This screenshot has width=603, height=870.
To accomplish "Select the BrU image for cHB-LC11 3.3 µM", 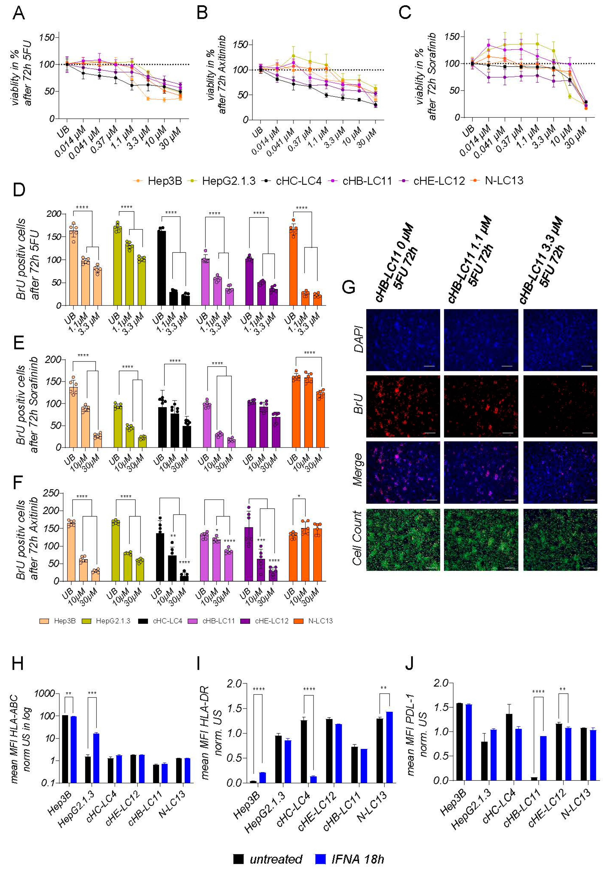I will [560, 406].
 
